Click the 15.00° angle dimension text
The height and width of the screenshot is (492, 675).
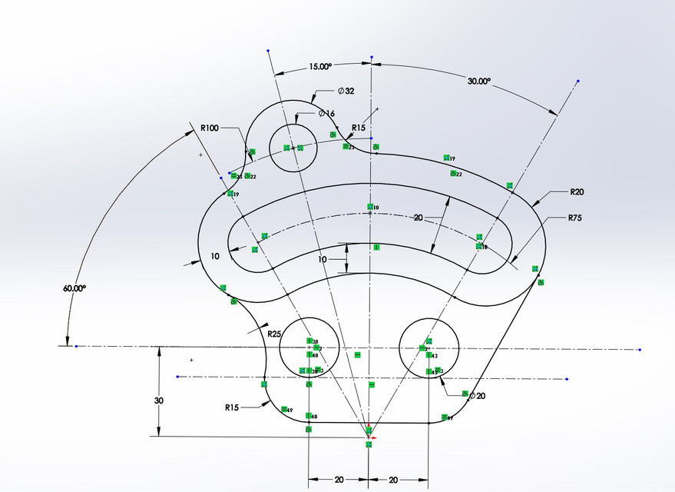(320, 67)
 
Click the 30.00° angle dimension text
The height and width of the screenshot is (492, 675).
(478, 81)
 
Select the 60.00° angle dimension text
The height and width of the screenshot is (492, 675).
(74, 288)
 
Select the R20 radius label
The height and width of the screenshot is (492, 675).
(578, 191)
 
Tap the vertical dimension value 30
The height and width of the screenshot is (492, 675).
(159, 401)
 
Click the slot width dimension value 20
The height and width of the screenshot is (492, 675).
(419, 218)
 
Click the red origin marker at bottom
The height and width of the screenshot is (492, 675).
(369, 434)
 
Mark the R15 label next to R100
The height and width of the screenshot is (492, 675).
(359, 128)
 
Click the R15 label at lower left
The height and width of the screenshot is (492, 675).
(233, 407)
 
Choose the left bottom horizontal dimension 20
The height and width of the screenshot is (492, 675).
(339, 480)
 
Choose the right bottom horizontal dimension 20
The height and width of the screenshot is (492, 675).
(393, 480)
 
